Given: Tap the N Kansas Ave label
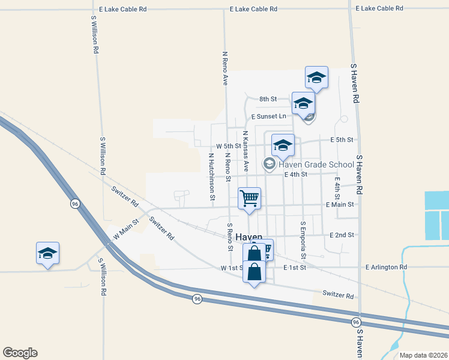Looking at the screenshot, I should [x=246, y=152].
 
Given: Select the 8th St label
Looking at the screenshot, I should [x=268, y=99].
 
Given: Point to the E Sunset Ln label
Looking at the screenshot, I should [x=269, y=116].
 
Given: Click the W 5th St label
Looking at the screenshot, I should [x=228, y=146].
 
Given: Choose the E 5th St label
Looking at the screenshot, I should [x=342, y=140].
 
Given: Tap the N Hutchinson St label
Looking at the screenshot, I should [x=212, y=175].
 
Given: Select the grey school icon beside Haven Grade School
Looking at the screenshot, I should [x=270, y=164].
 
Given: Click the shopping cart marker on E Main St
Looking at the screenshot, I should [x=249, y=197].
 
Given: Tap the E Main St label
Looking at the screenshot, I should [x=340, y=205].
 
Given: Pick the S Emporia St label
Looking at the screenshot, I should [x=303, y=240].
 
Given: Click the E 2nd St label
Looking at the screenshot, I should [x=342, y=235].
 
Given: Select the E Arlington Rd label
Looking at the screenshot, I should [x=386, y=266].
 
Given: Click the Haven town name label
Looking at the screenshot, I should [x=249, y=237].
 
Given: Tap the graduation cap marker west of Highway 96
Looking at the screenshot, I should [x=47, y=253].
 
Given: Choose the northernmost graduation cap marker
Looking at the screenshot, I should [x=316, y=77].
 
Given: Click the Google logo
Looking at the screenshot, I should [x=20, y=353].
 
